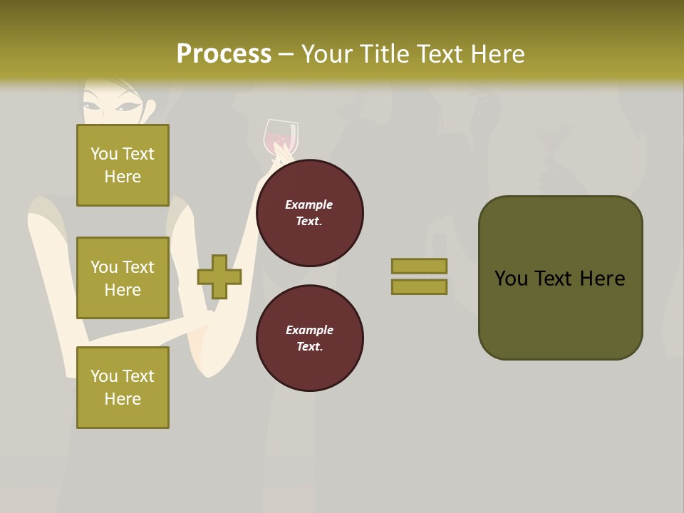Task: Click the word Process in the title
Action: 224,54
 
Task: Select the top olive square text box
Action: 123,165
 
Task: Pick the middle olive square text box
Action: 123,278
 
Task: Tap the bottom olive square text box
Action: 123,387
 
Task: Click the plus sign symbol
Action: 219,276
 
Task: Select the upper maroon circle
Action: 309,212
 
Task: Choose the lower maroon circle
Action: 309,338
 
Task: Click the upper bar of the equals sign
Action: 419,266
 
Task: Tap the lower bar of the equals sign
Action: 419,287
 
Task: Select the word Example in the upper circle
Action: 309,204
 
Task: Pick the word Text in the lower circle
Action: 309,346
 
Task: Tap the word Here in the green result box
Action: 602,279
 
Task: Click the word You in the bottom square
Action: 104,376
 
